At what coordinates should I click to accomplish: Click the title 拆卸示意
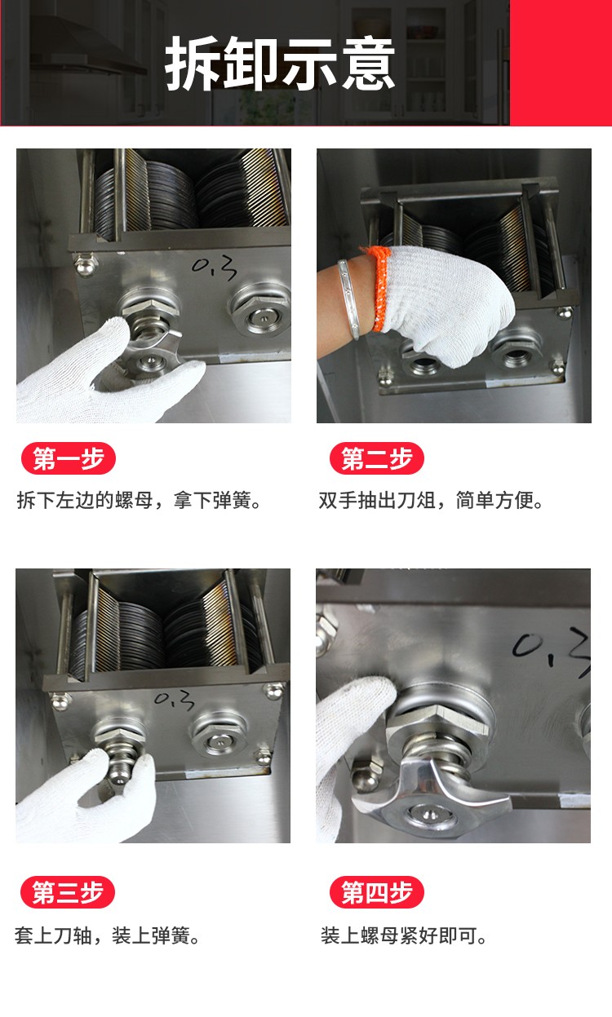(x=280, y=64)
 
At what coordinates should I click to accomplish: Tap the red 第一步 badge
(x=69, y=459)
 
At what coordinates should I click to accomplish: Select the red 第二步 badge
(x=376, y=459)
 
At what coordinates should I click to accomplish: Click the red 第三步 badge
(x=69, y=892)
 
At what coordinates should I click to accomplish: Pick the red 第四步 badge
(x=376, y=892)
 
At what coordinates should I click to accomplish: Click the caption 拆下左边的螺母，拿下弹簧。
(x=140, y=501)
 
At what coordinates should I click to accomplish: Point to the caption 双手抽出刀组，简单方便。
(x=431, y=501)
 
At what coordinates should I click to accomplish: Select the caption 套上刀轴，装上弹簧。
(x=108, y=935)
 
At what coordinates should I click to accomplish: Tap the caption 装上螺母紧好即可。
(x=404, y=935)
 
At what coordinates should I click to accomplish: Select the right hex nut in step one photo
(x=260, y=305)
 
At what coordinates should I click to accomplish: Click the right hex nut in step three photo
(x=217, y=732)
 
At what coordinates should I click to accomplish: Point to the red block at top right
(x=561, y=62)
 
